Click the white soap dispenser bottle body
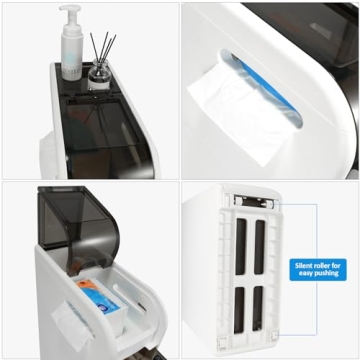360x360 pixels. [x=72, y=57]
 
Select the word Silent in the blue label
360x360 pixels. [x=303, y=266]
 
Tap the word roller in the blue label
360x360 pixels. [x=322, y=266]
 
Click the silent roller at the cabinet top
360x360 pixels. [x=255, y=202]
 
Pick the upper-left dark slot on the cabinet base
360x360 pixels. [x=240, y=247]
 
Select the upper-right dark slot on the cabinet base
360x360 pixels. [x=259, y=247]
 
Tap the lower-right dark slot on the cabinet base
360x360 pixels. [x=258, y=308]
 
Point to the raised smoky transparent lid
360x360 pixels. [x=78, y=222]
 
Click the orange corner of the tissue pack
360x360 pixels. [x=87, y=285]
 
